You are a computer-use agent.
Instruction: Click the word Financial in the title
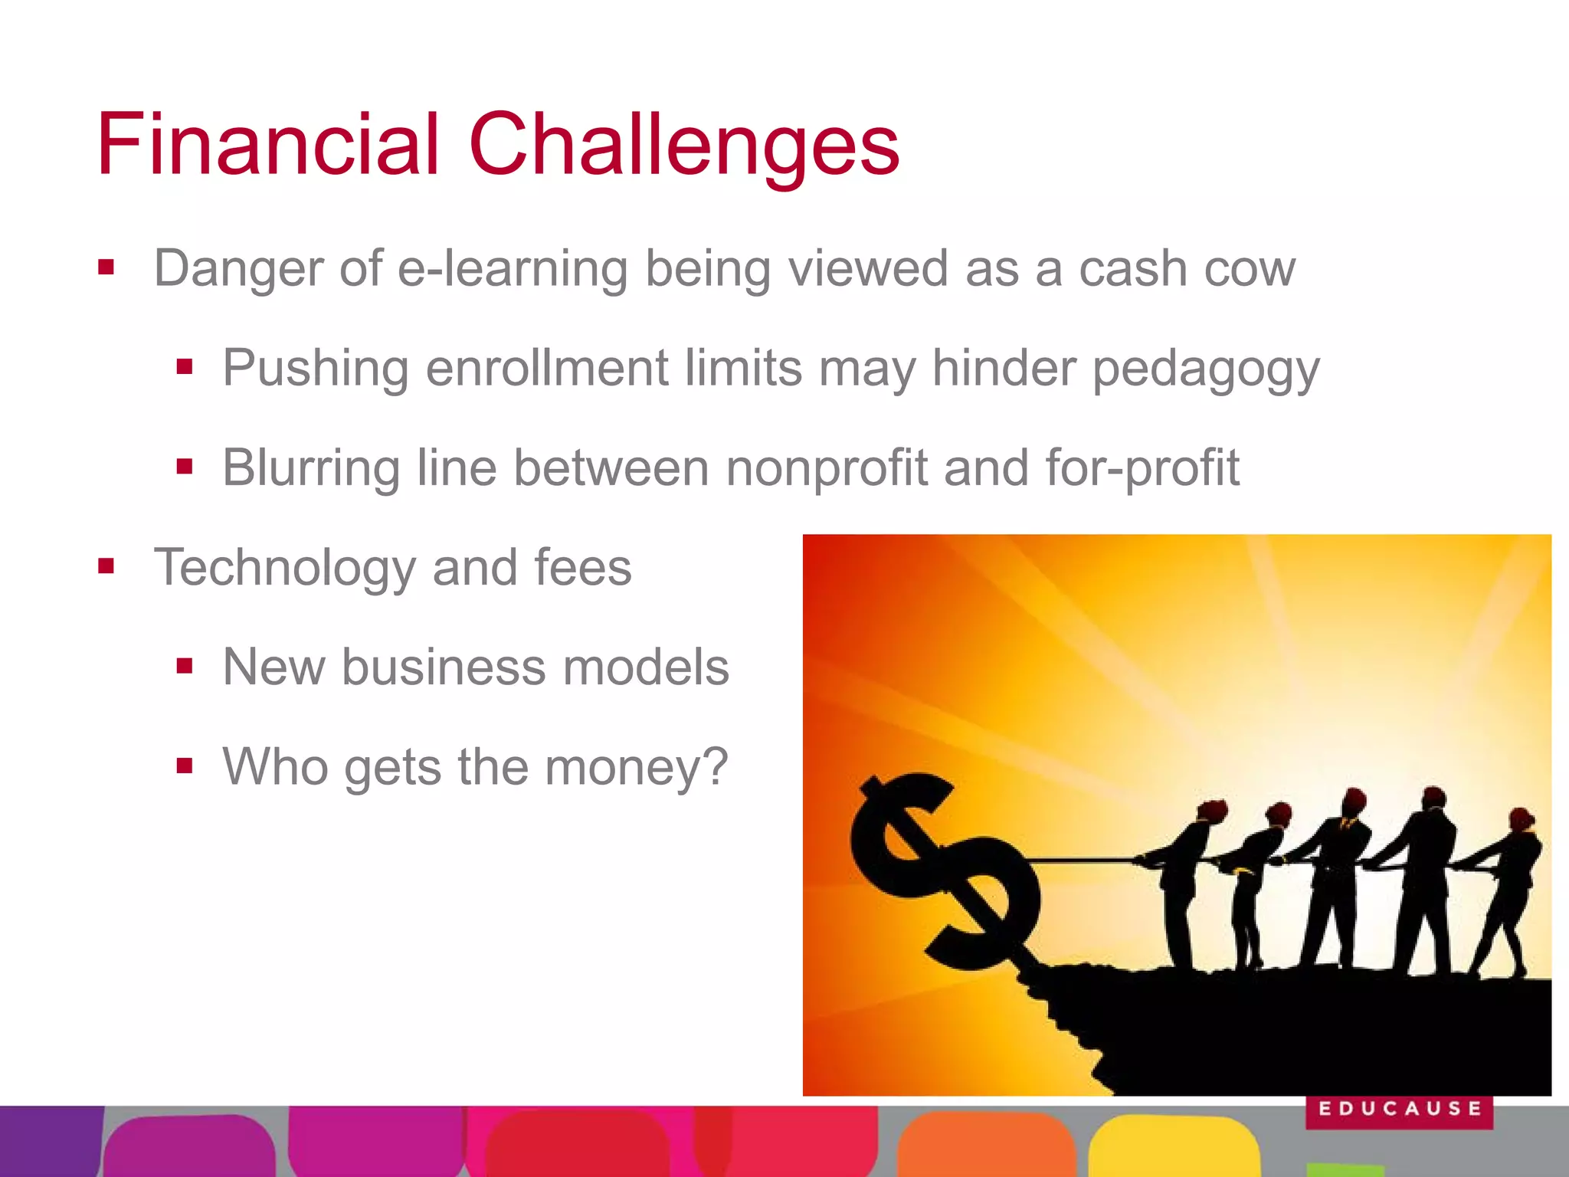point(268,144)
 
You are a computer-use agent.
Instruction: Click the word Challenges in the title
point(683,146)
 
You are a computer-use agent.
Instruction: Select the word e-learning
point(513,269)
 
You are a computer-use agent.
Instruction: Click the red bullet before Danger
point(106,268)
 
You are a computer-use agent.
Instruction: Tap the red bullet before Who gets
point(184,766)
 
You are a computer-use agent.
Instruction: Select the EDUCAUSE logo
point(1399,1110)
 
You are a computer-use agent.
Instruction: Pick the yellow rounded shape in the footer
point(1172,1146)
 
